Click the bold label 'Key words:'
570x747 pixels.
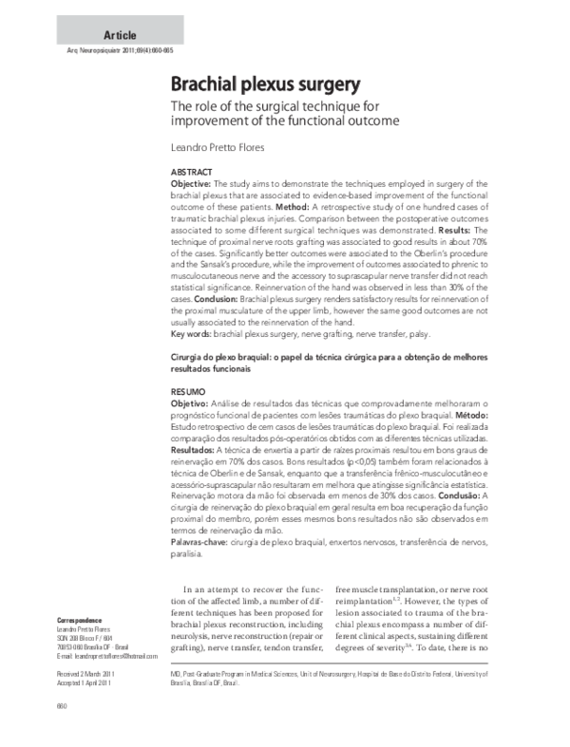coord(191,334)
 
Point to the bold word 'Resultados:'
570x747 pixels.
coord(196,451)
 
